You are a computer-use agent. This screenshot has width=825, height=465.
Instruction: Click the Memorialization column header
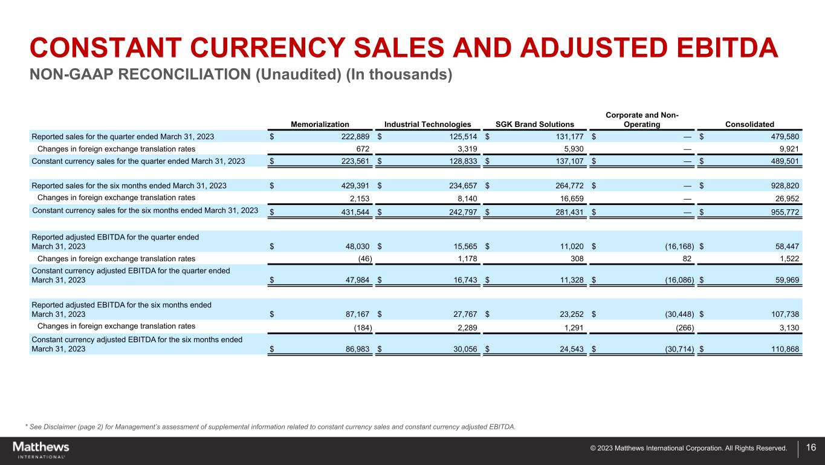tap(320, 125)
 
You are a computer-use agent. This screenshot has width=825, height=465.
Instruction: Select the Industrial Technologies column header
tap(427, 125)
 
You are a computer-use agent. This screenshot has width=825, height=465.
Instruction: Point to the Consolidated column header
tap(749, 125)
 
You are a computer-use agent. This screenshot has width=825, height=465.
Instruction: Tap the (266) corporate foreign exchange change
tap(682, 327)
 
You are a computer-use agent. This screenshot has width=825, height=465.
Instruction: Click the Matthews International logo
tap(41, 450)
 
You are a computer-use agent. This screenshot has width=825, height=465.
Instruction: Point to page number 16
tap(811, 448)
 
